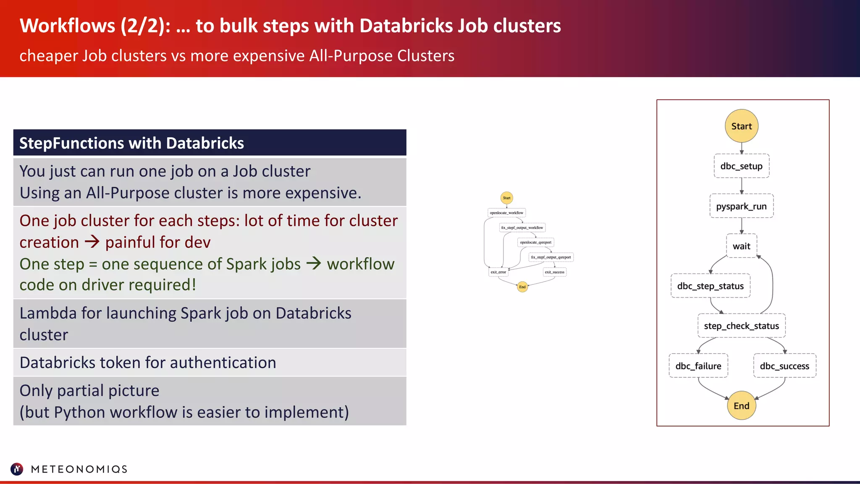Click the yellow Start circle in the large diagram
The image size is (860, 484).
pos(741,126)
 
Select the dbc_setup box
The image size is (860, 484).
pos(741,166)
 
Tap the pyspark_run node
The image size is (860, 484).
pos(741,206)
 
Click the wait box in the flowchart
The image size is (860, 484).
pos(741,246)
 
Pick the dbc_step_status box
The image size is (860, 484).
pos(710,286)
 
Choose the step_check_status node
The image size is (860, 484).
pos(741,326)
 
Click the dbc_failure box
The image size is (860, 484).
pos(698,366)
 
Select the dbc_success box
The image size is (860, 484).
pos(784,366)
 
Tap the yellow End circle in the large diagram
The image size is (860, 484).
pos(741,406)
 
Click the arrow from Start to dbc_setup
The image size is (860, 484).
pos(742,148)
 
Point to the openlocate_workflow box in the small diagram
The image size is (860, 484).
pos(506,213)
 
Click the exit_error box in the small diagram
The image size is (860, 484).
pos(498,272)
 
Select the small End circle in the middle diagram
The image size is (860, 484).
pos(522,287)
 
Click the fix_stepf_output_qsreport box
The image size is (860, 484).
pos(551,257)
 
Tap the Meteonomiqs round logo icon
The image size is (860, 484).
pos(17,469)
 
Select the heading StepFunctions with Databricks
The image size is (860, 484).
pos(131,143)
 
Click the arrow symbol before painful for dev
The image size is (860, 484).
pos(92,242)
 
